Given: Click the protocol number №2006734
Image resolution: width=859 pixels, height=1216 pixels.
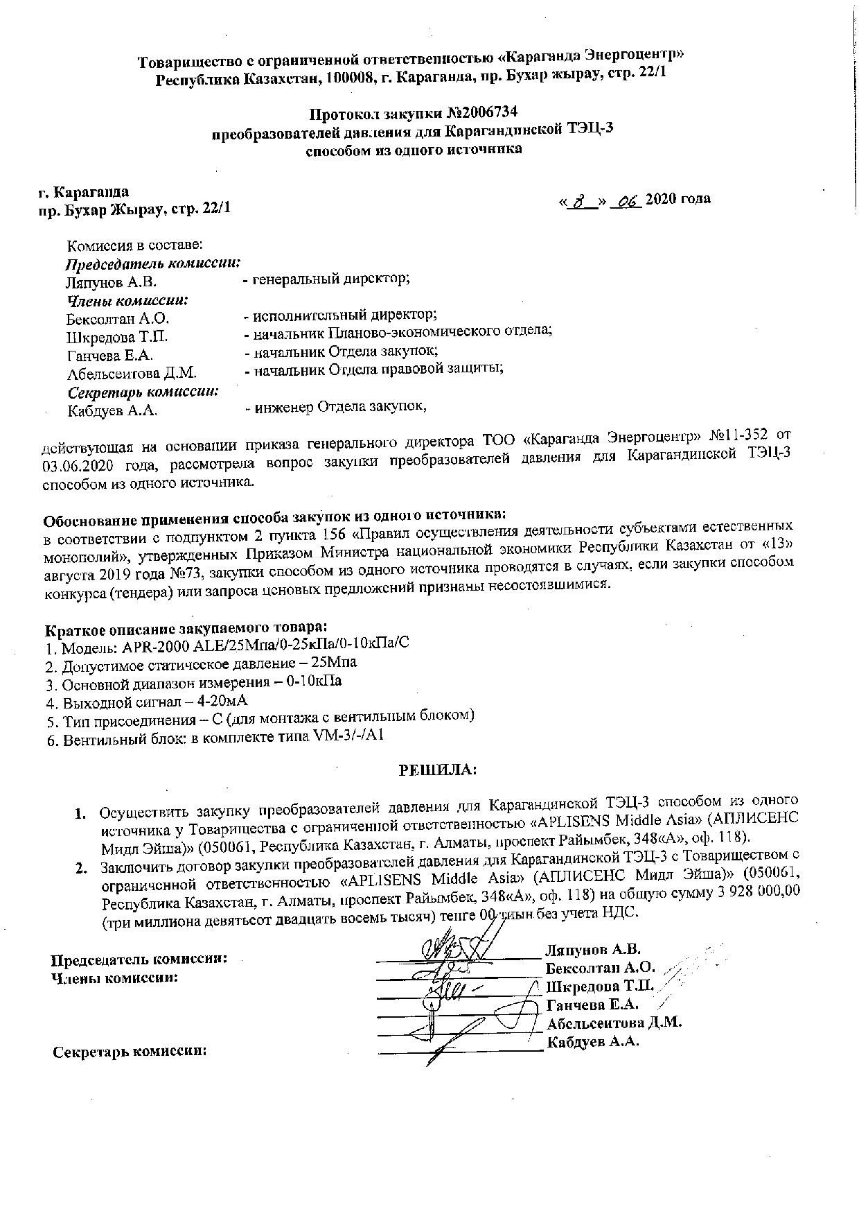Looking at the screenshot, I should coord(480,112).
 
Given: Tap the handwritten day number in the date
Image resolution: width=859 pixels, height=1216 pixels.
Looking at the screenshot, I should coord(586,201).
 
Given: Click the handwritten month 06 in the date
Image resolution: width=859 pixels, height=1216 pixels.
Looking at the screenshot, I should coord(626,200).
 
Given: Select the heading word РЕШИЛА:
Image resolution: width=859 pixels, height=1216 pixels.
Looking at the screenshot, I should coord(437,770).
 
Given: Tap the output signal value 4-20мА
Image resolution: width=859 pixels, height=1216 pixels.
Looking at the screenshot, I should coord(222,700).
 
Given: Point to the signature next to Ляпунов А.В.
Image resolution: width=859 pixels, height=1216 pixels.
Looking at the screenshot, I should coord(457,947).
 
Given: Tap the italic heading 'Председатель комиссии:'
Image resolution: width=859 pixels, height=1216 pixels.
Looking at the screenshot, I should coord(153,263).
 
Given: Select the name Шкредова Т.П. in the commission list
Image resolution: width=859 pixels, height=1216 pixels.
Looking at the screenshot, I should coord(117,338).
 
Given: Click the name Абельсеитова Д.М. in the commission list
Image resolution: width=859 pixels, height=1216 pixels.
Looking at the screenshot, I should coord(132,374).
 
